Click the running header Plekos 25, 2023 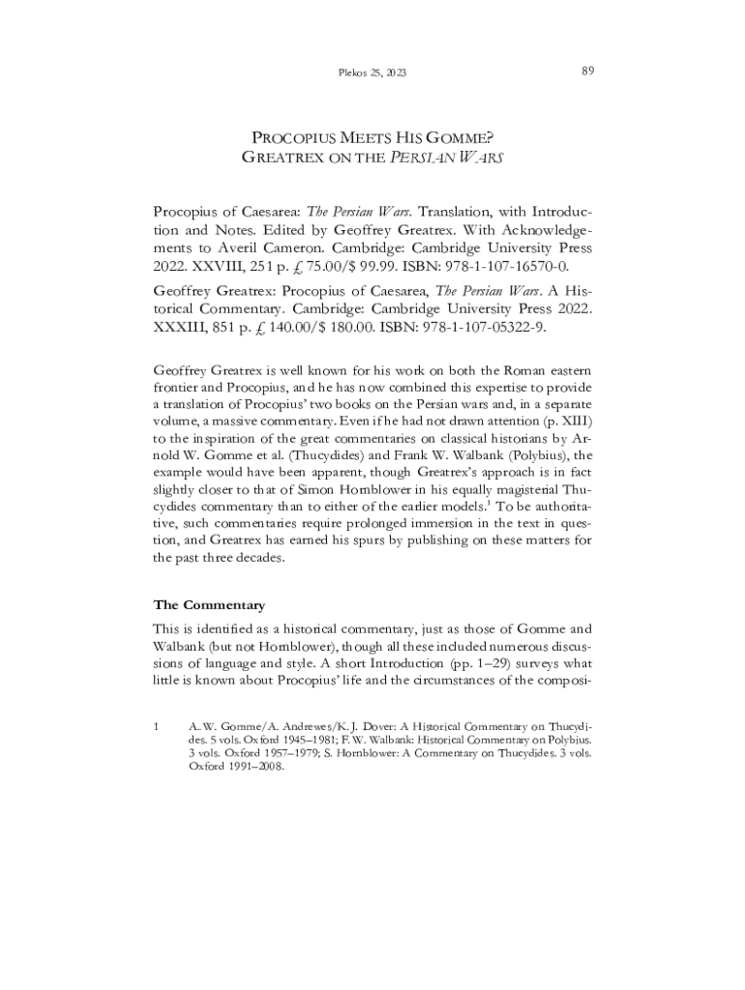click(372, 73)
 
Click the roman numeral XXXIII click(186, 328)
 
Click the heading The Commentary click(209, 605)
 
